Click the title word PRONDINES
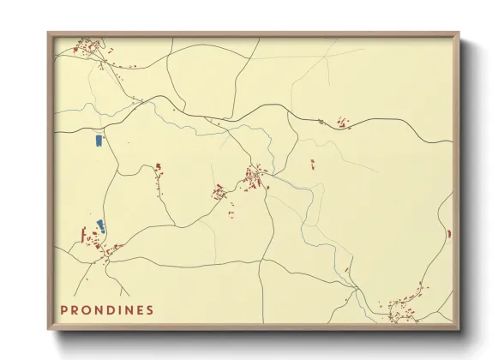pos(107,310)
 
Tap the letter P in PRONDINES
pos(63,310)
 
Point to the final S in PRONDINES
pos(151,310)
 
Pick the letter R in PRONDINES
pos(75,310)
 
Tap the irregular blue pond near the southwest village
pos(100,226)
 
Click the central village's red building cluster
pos(255,178)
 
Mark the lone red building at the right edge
pos(448,232)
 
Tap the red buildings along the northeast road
pos(343,123)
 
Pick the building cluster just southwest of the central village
pos(219,193)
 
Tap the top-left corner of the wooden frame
pos(49,34)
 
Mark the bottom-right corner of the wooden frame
pos(459,328)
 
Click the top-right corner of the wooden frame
pos(459,34)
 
